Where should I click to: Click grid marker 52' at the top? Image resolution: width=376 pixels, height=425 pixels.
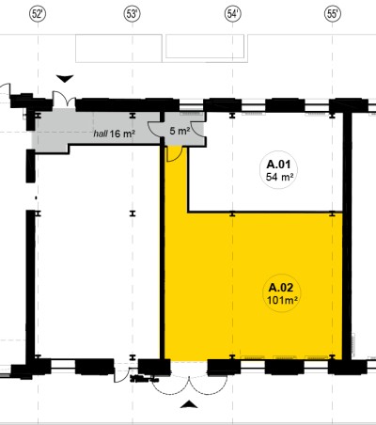point(38,14)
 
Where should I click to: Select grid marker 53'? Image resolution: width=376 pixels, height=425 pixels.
point(132,14)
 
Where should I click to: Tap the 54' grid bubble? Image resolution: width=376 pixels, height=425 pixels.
point(233,14)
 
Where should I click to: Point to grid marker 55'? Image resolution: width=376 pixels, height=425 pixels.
point(333,14)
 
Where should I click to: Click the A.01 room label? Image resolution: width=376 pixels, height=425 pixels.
point(278,165)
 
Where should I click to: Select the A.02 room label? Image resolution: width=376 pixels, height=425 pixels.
point(281,288)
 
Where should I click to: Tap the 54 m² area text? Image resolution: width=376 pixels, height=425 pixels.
point(279,177)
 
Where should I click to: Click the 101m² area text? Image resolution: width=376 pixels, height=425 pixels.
point(282,300)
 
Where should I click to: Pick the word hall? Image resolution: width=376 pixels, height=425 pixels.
point(101,134)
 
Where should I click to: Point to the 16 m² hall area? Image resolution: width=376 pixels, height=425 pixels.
point(122,134)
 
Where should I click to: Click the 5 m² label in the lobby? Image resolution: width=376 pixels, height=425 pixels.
point(180,131)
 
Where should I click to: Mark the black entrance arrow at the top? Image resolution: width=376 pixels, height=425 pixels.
point(65,79)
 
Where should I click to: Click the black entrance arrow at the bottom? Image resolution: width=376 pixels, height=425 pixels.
point(189,404)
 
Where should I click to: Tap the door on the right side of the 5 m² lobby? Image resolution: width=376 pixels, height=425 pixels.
point(196,129)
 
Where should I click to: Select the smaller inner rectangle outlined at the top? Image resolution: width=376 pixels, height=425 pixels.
point(205,46)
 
